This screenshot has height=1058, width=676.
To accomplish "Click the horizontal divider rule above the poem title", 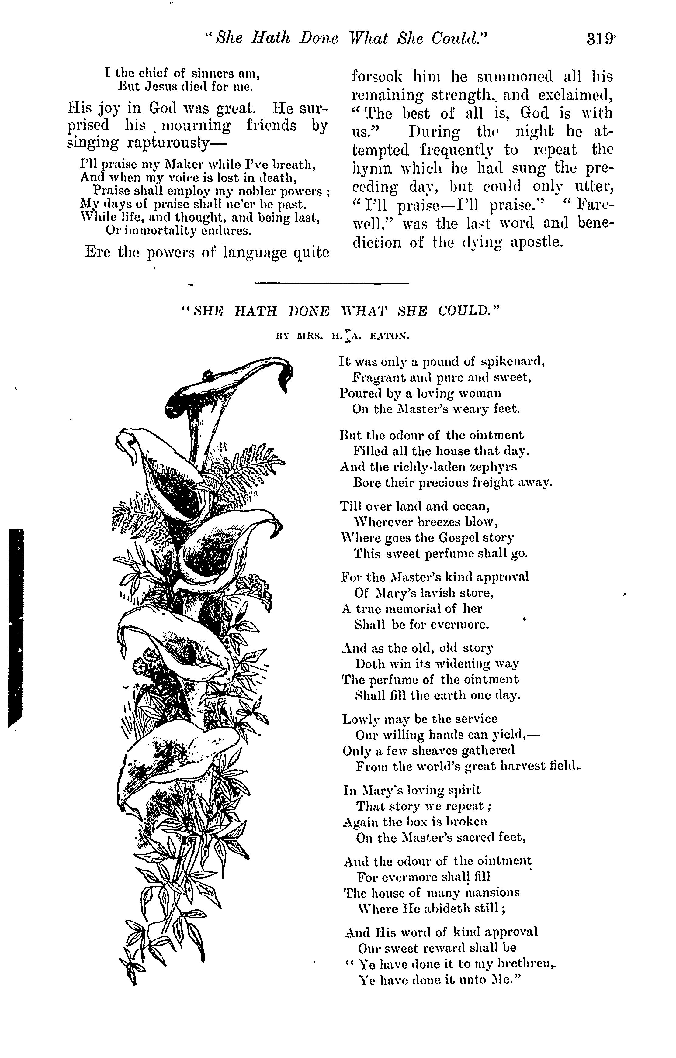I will [x=331, y=283].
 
